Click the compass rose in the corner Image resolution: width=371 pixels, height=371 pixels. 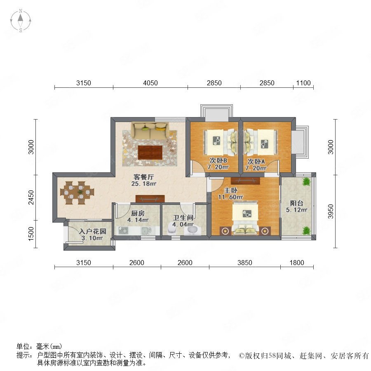pos(21,21)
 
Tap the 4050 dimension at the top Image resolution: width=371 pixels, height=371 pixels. pos(150,83)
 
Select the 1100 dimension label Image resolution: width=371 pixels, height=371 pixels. pos(303,83)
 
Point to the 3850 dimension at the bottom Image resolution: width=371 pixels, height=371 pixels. pos(244,263)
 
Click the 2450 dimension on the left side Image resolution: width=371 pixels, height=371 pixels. pos(31,197)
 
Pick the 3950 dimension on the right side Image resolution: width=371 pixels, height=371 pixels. pos(331,211)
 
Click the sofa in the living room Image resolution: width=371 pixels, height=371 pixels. pos(150,130)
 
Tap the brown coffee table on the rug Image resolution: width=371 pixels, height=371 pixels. pos(150,153)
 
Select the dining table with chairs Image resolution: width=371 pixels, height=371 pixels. pos(77,193)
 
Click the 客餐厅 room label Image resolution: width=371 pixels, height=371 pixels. pos(143,177)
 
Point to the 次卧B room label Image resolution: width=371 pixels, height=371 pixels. pos(218,160)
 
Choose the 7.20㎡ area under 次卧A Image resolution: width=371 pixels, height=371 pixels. pos(256,168)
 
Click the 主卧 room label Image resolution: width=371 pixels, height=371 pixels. pos(231,190)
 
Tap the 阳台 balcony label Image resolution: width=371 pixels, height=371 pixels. pos(296,203)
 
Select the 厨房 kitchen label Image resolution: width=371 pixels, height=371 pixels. pos(138,213)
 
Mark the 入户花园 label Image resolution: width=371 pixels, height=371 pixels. pos(92,231)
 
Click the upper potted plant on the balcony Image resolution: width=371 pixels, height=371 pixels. pos(306,182)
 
